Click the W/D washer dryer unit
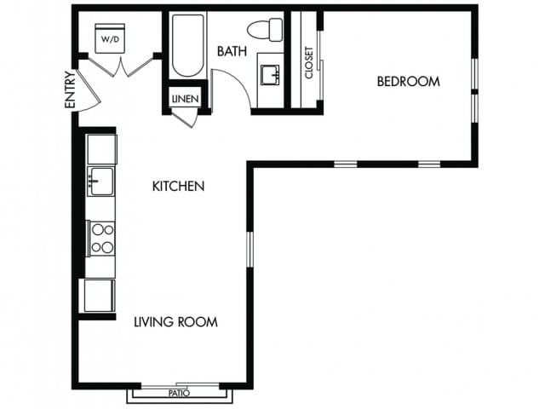point(110,39)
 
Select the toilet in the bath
point(270,27)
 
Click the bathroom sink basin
point(272,74)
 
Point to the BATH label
point(232,52)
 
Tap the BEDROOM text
point(409,82)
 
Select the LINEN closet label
point(185,100)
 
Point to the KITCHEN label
point(178,186)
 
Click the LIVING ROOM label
point(175,322)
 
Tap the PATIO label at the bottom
point(178,394)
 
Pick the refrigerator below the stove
point(99,295)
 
